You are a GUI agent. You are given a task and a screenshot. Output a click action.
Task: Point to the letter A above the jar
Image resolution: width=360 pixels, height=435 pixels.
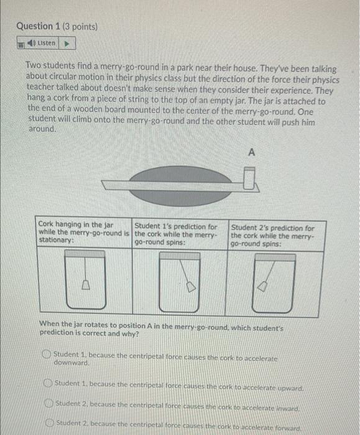[252, 152]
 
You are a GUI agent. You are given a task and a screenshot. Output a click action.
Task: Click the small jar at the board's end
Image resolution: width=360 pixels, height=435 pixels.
[250, 181]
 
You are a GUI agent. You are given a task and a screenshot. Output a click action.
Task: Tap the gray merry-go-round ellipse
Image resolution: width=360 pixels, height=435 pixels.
[180, 184]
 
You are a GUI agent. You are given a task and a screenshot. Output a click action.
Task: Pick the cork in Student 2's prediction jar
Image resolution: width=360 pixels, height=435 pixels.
[263, 286]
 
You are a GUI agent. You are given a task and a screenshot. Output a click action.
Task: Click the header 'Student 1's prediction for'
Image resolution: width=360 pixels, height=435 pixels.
[176, 227]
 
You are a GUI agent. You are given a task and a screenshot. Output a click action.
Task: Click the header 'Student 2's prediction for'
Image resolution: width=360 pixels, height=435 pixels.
[272, 228]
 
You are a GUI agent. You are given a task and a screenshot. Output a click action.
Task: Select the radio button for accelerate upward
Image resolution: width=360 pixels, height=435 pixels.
[47, 384]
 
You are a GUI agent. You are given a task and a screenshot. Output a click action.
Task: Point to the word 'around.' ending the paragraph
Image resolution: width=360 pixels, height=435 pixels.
[41, 129]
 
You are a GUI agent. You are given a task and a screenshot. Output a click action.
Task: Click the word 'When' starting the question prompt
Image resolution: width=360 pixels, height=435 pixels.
[50, 324]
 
